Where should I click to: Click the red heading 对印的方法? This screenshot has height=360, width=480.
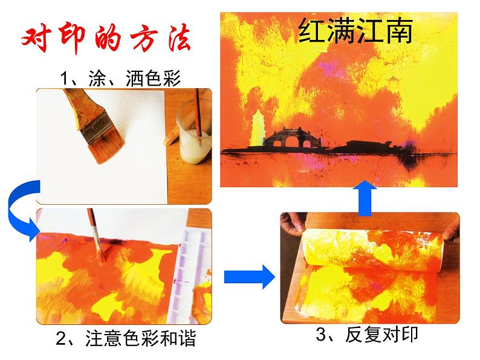106,39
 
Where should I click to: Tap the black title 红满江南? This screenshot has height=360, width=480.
355,31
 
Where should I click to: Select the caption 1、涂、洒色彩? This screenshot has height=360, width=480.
120,79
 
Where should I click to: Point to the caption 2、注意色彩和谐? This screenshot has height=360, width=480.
126,338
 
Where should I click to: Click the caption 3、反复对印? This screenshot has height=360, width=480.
367,334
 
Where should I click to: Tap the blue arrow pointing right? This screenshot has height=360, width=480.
249,277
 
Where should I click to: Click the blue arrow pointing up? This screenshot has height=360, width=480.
365,198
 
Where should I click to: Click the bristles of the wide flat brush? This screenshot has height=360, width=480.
106,147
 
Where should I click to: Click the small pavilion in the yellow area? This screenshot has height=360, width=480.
392,82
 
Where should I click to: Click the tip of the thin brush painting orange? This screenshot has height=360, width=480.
103,261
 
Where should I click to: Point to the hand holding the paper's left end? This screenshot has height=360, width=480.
293,223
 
